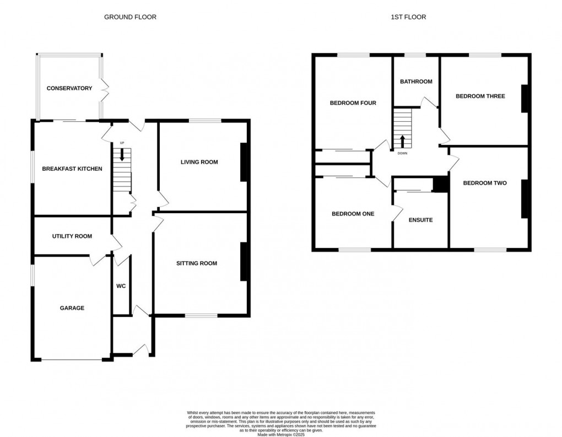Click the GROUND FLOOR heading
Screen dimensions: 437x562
(130, 17)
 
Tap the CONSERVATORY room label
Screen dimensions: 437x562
(69, 88)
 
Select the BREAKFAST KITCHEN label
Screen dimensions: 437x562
(72, 169)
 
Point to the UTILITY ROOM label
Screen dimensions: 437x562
(72, 236)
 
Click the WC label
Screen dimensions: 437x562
(121, 286)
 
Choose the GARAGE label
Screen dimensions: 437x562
(72, 308)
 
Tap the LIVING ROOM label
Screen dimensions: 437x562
(199, 162)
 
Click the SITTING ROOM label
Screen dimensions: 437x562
(197, 263)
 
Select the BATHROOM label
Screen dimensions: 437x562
(416, 82)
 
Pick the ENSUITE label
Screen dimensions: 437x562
(420, 220)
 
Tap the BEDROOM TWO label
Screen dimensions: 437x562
(484, 183)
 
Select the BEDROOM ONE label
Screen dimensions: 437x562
(353, 214)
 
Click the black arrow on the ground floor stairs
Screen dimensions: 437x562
(122, 156)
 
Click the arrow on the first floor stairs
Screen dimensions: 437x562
(402, 140)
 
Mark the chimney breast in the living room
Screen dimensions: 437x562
(243, 162)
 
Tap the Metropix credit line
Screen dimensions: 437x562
(281, 434)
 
